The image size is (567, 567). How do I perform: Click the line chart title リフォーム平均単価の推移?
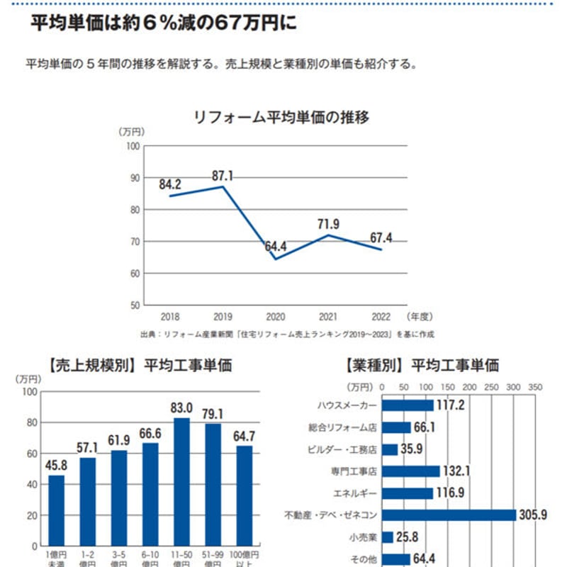pos(281,117)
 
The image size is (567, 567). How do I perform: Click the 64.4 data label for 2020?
pos(276,247)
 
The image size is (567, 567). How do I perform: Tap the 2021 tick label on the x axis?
pos(329,317)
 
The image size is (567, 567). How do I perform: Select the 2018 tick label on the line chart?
pos(170,317)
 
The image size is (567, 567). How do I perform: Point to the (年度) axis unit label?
pos(420,317)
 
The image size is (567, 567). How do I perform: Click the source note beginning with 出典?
pos(287,333)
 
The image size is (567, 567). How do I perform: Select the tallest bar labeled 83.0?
pos(181,482)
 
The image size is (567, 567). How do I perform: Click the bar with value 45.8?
pos(56,510)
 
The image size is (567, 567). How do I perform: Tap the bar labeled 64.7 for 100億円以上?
pos(244,496)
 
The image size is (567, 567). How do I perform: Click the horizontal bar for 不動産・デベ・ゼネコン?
pos(449,515)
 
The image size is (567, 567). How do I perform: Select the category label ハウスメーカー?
pos(348,405)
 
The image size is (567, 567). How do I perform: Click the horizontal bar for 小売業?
pos(388,537)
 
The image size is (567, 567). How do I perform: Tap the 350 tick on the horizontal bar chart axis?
pos(535,388)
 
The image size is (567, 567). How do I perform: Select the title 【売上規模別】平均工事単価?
pos(140,366)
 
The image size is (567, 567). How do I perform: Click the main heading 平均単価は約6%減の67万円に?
pos(163,25)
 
